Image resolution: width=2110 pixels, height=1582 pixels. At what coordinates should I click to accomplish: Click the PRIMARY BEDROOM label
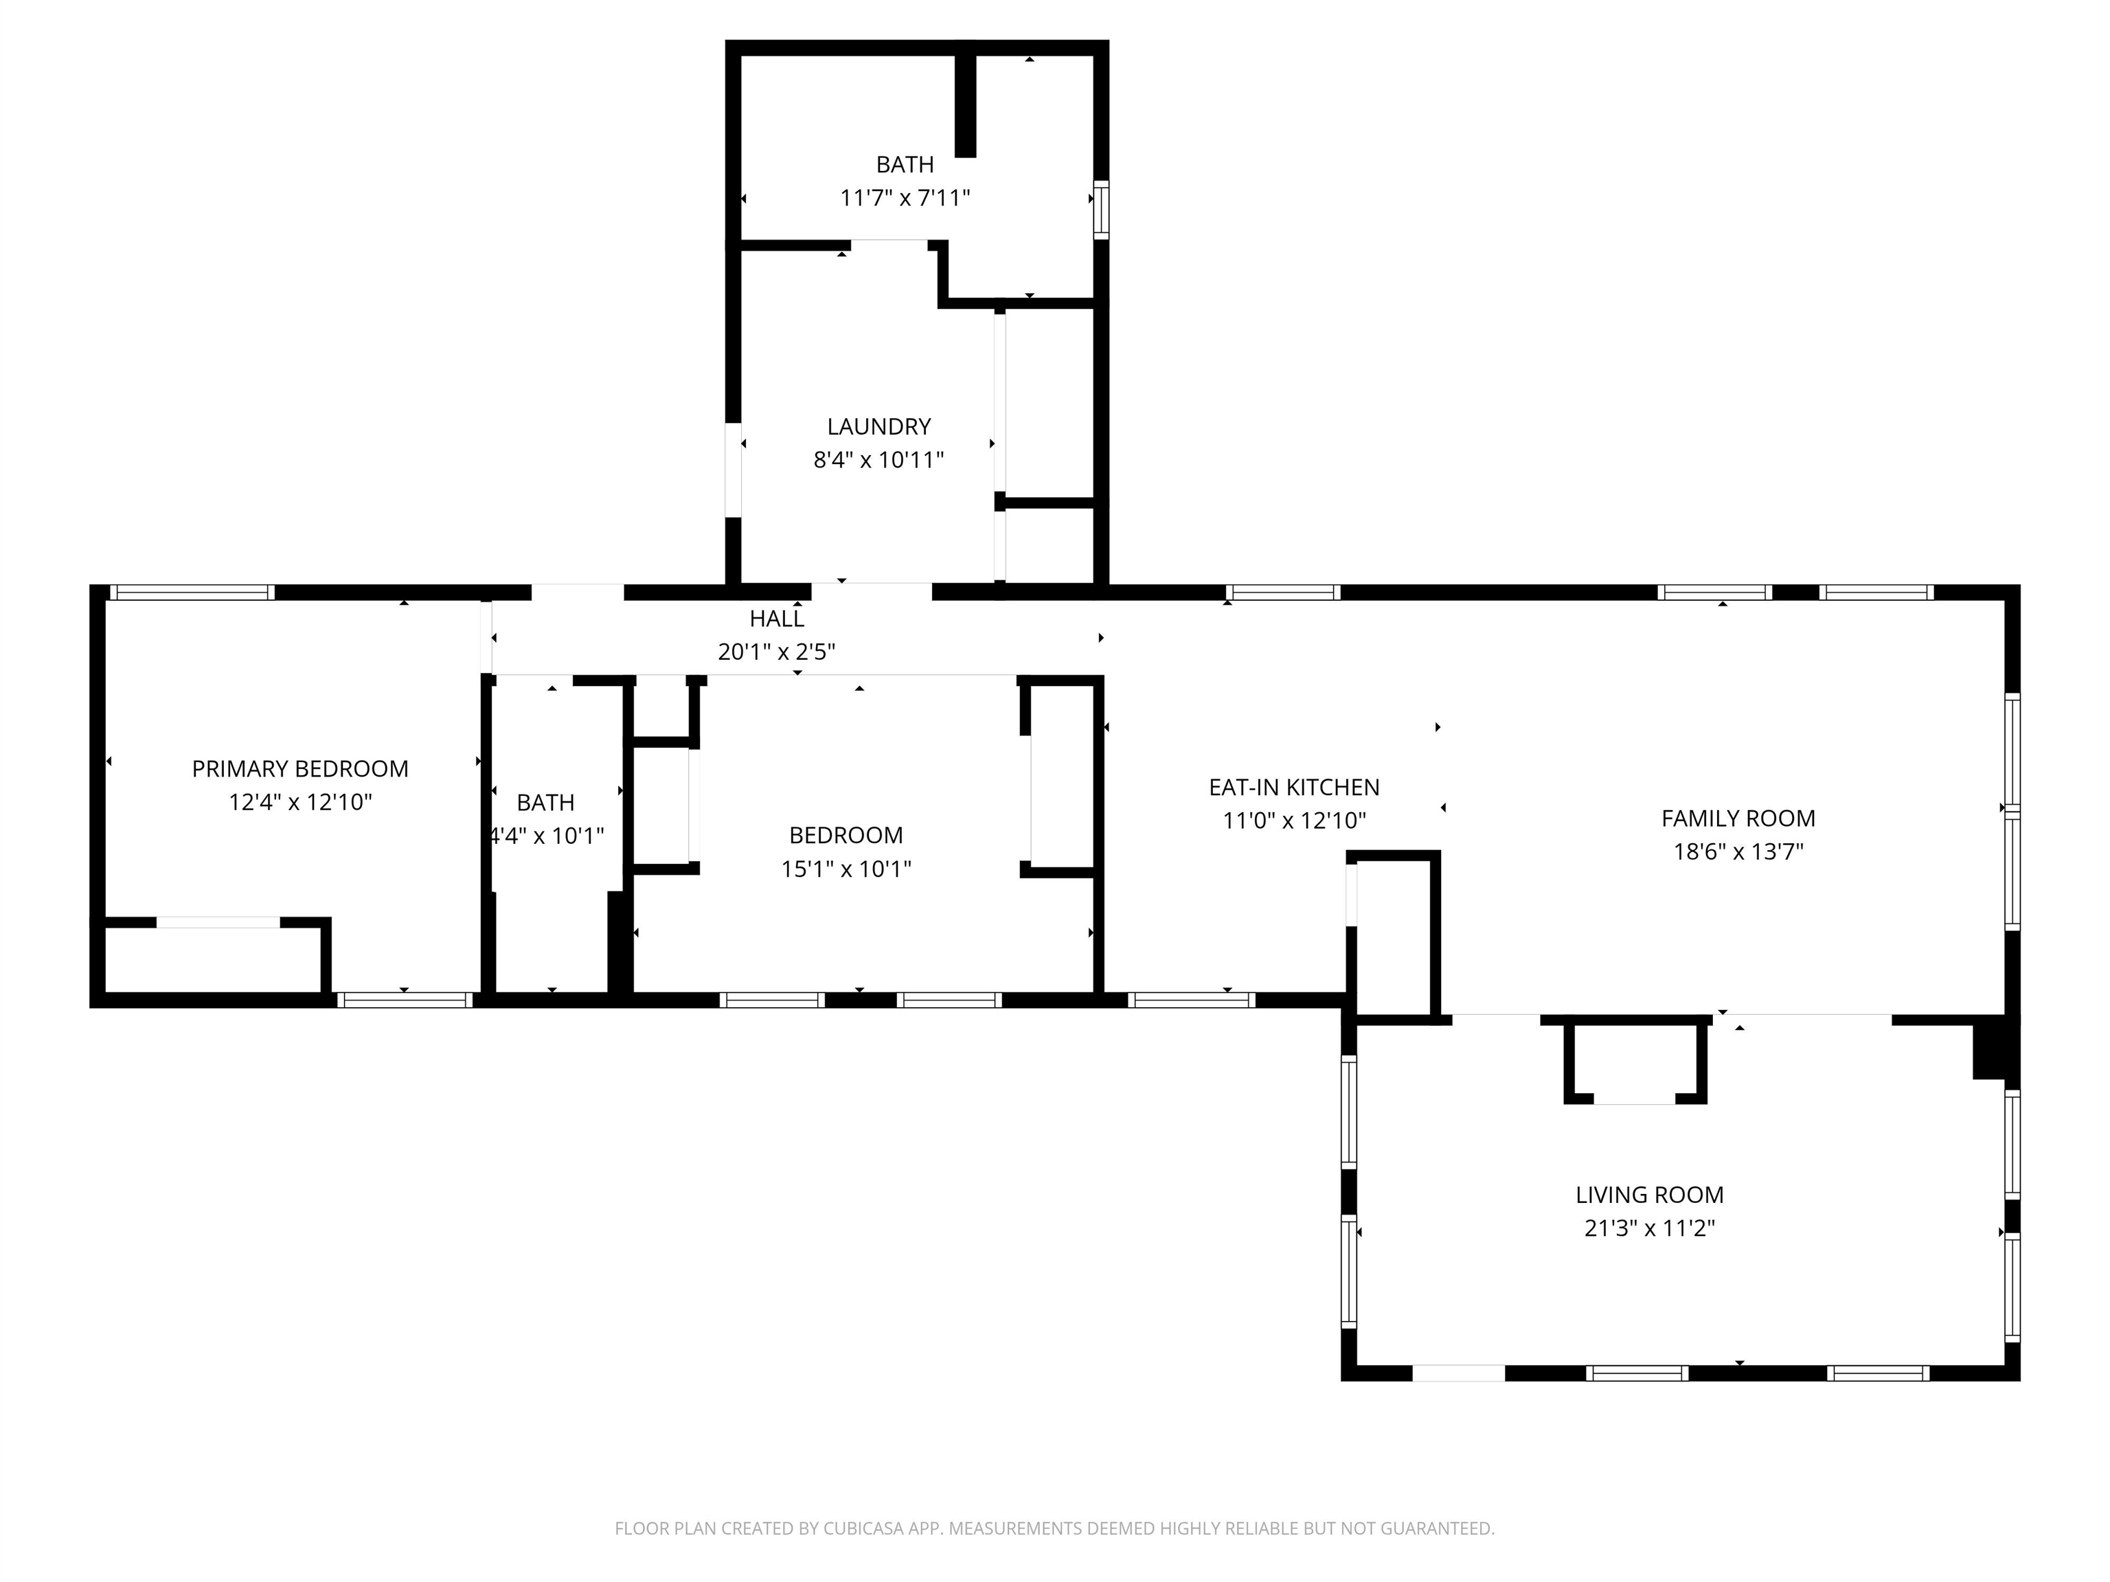[x=299, y=768]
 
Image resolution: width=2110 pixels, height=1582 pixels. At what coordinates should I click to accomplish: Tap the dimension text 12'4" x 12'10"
[x=299, y=802]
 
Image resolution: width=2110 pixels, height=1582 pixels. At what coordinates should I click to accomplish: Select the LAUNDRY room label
[x=878, y=426]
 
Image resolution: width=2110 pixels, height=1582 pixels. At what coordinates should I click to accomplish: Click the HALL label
[x=776, y=619]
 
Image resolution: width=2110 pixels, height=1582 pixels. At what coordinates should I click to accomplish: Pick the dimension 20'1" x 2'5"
[x=776, y=652]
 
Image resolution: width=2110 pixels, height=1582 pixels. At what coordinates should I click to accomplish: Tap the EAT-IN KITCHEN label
[x=1293, y=788]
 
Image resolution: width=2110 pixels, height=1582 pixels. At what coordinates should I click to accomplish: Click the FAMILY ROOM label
[x=1738, y=818]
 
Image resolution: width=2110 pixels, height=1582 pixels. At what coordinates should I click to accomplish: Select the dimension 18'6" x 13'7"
[x=1738, y=851]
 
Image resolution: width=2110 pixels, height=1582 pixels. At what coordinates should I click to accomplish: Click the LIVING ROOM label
[x=1649, y=1195]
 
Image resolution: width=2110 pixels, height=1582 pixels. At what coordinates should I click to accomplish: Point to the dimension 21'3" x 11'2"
[x=1649, y=1228]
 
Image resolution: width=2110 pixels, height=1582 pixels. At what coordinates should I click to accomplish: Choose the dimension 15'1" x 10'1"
[x=846, y=869]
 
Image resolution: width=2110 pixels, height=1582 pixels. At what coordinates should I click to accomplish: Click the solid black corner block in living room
[x=1990, y=1050]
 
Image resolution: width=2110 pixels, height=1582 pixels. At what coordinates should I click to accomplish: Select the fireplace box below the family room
[x=1635, y=1063]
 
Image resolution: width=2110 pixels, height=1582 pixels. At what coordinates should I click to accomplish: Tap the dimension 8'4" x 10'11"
[x=878, y=459]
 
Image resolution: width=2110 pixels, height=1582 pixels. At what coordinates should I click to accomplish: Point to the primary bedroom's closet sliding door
[x=218, y=922]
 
